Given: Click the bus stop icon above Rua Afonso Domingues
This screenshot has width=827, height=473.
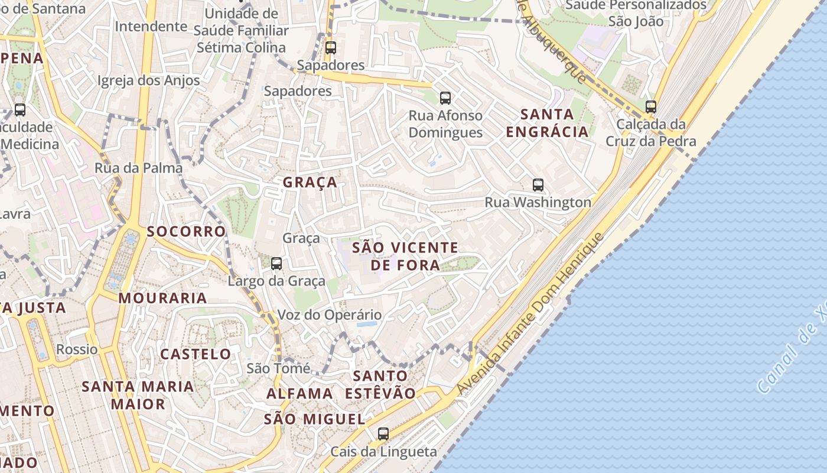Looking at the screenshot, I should [445, 98].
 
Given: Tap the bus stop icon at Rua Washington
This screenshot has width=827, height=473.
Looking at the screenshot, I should [538, 185].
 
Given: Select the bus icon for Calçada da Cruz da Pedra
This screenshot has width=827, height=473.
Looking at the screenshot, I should [651, 107].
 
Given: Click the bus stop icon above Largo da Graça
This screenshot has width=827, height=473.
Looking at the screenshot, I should [276, 264].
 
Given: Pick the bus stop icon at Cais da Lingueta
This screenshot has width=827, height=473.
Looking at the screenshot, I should [383, 434].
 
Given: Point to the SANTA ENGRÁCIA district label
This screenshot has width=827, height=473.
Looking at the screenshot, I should [548, 123].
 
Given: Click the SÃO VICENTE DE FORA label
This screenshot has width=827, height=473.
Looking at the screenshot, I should [405, 256].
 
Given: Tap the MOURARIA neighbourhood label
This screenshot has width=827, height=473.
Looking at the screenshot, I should [163, 298].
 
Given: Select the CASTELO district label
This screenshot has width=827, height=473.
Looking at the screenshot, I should [196, 354].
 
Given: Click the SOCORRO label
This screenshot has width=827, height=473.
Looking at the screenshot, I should [187, 231].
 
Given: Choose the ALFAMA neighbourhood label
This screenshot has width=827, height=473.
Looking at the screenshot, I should [299, 393].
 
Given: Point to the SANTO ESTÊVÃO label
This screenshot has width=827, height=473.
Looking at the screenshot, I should [380, 384].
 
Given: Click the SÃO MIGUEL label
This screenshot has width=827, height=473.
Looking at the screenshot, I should [314, 419].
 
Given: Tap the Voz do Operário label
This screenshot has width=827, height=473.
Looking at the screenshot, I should [330, 315].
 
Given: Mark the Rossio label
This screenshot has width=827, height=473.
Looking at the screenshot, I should [77, 349].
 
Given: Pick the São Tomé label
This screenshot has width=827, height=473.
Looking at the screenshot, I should [278, 369].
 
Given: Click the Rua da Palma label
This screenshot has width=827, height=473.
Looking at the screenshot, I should [139, 168].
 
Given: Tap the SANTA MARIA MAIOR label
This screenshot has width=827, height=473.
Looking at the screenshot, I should [138, 395].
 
